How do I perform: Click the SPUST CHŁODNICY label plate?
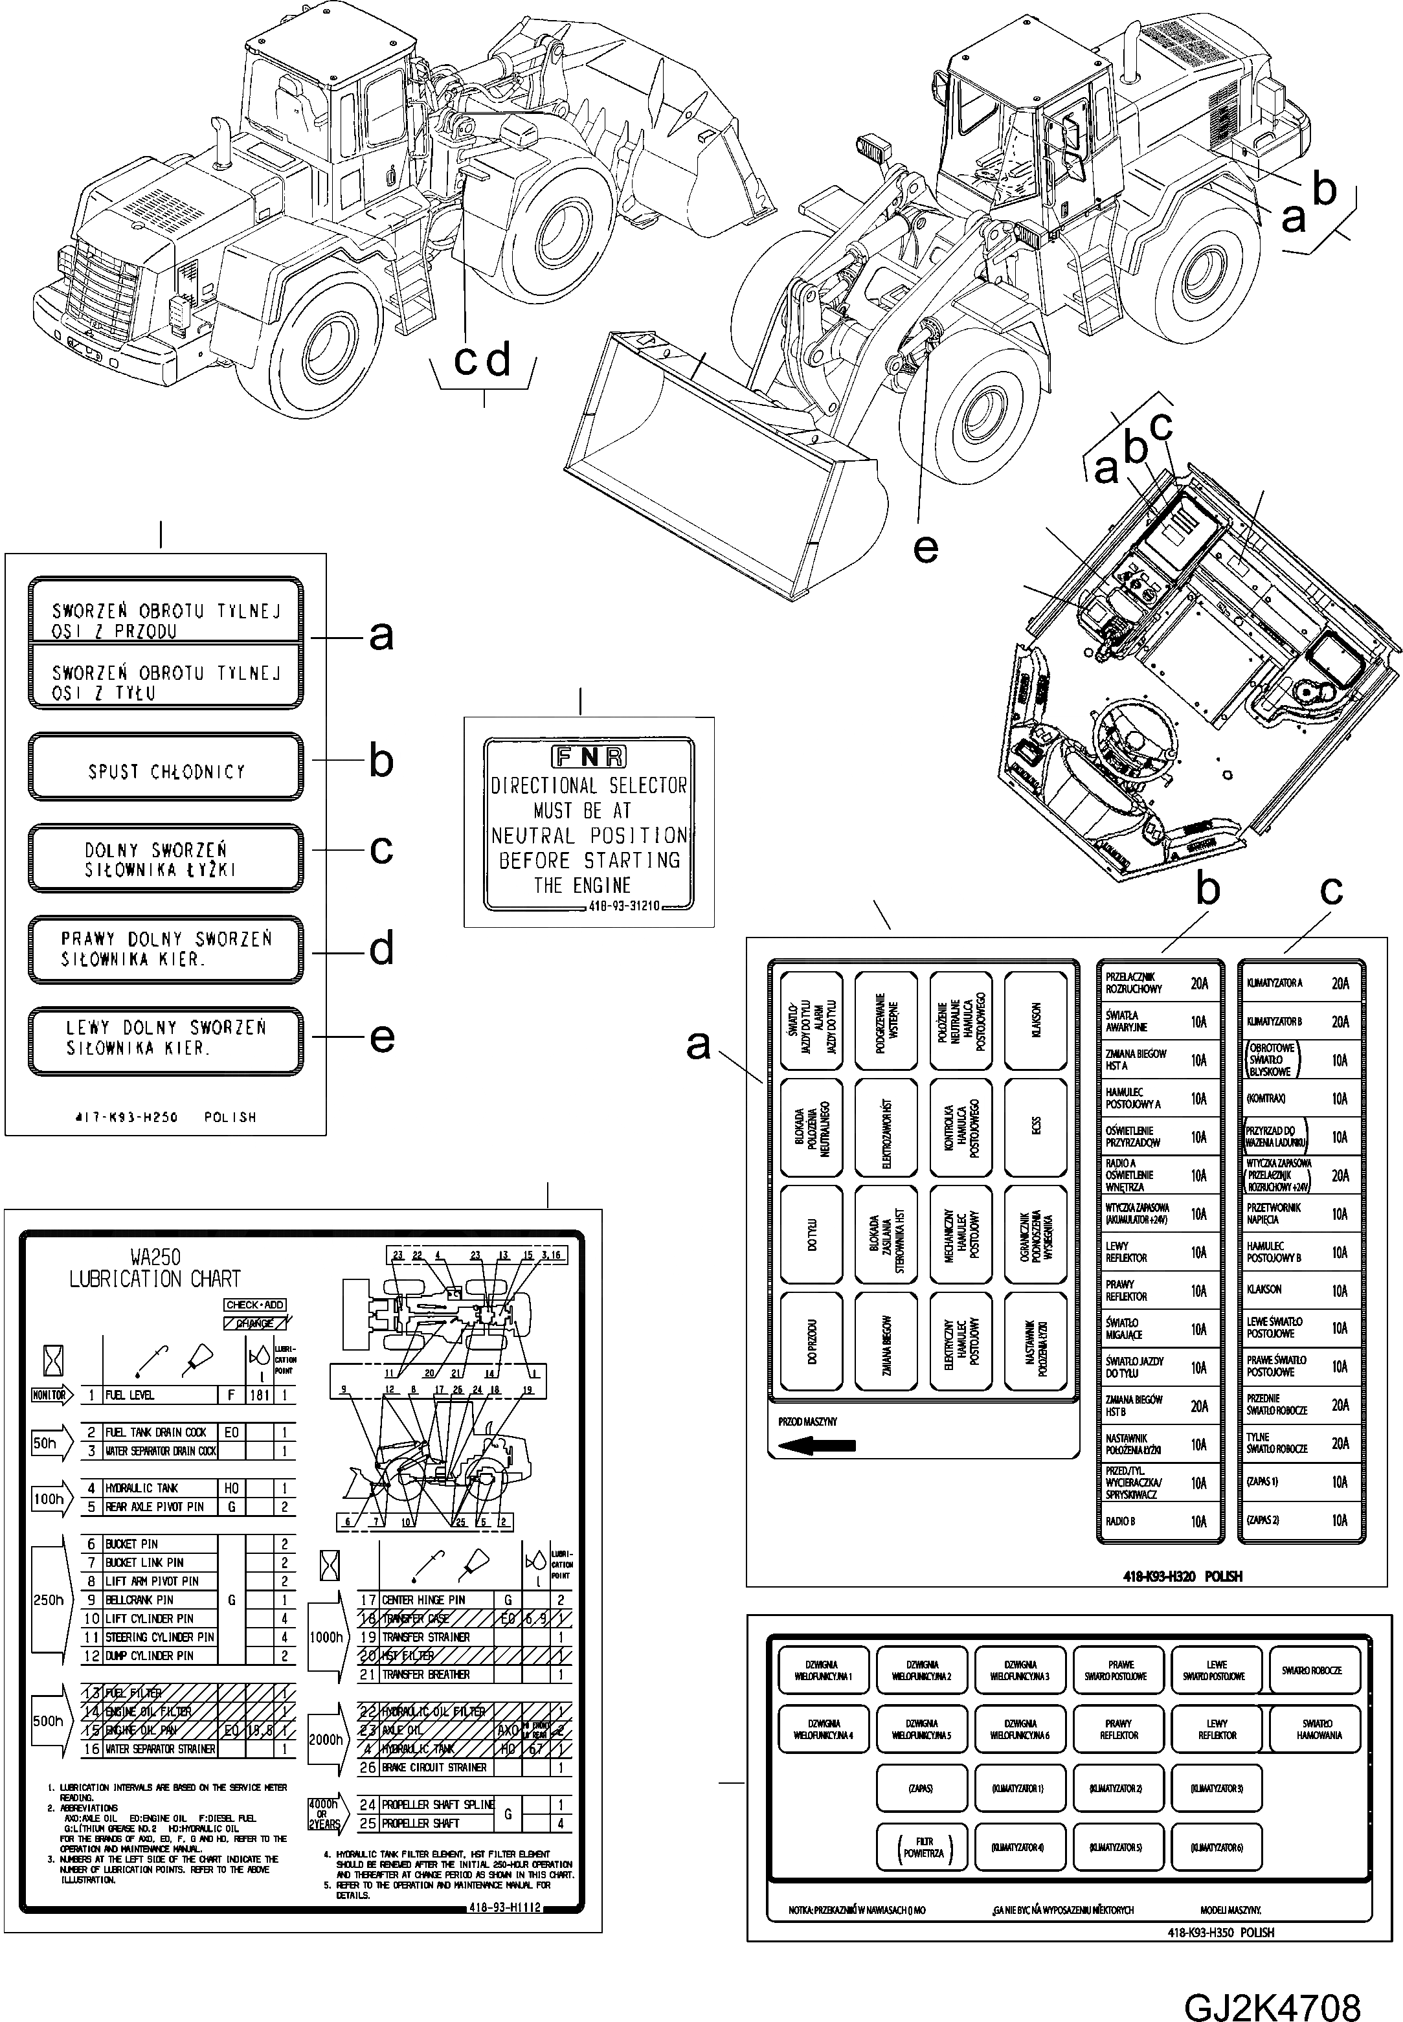166,767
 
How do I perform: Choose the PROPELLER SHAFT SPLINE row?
437,1804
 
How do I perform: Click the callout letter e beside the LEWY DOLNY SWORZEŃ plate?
381,1037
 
